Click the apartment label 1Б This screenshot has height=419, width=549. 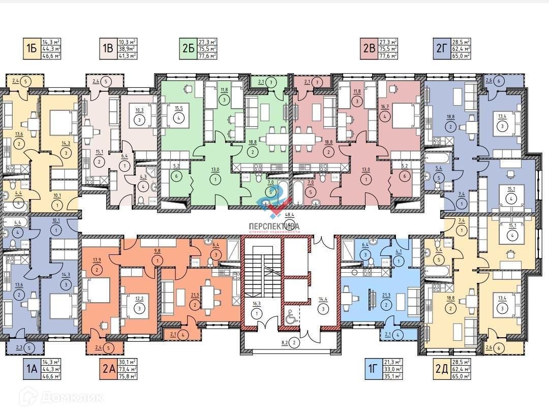(x=31, y=49)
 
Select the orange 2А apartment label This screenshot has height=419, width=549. (x=108, y=369)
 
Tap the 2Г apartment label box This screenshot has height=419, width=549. (x=441, y=49)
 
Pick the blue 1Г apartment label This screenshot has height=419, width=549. (x=371, y=369)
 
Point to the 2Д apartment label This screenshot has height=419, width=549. (x=441, y=369)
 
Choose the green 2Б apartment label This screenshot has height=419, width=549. (x=188, y=49)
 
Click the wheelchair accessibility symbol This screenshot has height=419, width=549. (x=291, y=318)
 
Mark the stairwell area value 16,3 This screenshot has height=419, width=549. (x=257, y=304)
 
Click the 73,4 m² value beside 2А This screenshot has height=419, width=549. (x=128, y=369)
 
